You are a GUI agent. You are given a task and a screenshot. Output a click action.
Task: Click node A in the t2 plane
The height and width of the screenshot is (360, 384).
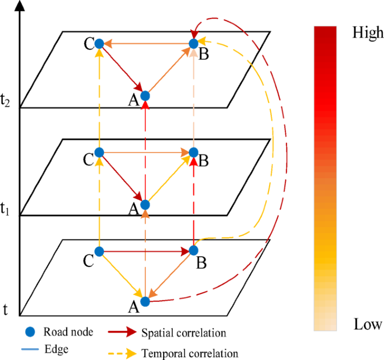tap(145, 95)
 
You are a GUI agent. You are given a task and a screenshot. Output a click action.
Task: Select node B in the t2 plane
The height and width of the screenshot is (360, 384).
tap(193, 43)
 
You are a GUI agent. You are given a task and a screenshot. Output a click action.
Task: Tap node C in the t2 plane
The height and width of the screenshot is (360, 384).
tap(99, 43)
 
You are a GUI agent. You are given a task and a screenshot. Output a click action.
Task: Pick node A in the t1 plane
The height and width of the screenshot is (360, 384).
tap(145, 204)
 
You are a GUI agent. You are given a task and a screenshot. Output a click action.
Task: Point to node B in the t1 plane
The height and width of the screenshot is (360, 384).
tap(193, 152)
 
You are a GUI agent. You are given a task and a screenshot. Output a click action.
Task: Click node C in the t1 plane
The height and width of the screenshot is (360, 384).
tap(99, 152)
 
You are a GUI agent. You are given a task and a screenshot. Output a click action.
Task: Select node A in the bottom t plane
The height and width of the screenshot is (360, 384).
tap(145, 301)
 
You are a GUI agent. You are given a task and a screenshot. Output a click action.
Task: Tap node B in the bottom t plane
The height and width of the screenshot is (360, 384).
tap(193, 250)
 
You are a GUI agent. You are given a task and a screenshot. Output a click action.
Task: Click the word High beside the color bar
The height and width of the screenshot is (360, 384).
tap(368, 33)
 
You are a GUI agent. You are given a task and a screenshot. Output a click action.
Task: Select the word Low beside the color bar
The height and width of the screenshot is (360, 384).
tap(368, 325)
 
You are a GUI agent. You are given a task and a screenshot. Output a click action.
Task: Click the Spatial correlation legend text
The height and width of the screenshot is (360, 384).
tap(184, 333)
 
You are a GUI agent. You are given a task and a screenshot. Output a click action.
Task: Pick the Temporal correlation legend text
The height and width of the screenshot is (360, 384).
tap(190, 353)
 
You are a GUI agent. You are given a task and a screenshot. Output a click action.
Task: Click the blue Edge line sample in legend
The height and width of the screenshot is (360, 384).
tap(30, 349)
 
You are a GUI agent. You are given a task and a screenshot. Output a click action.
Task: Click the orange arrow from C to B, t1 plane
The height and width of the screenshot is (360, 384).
tap(146, 152)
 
